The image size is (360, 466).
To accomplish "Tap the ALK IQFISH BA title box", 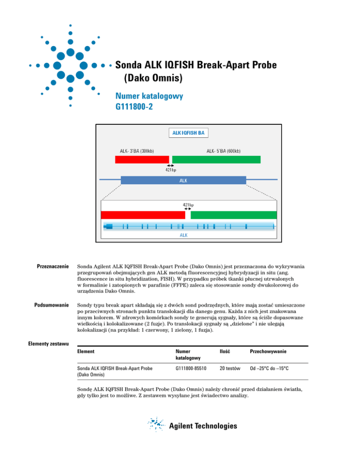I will (x=186, y=134).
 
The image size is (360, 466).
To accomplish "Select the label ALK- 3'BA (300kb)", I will (x=137, y=151).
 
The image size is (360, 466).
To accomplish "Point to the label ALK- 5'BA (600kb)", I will (x=224, y=151).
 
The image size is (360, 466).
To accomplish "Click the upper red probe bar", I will (x=142, y=159).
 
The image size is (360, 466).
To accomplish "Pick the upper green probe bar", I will (x=217, y=159).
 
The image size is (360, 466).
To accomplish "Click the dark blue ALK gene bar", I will (x=183, y=180).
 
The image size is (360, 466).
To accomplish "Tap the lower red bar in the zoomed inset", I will (x=143, y=215).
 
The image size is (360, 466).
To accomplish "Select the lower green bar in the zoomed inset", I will (x=233, y=215).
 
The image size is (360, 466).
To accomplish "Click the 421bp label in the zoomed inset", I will (x=188, y=205).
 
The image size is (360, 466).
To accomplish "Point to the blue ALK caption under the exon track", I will (x=184, y=235).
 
